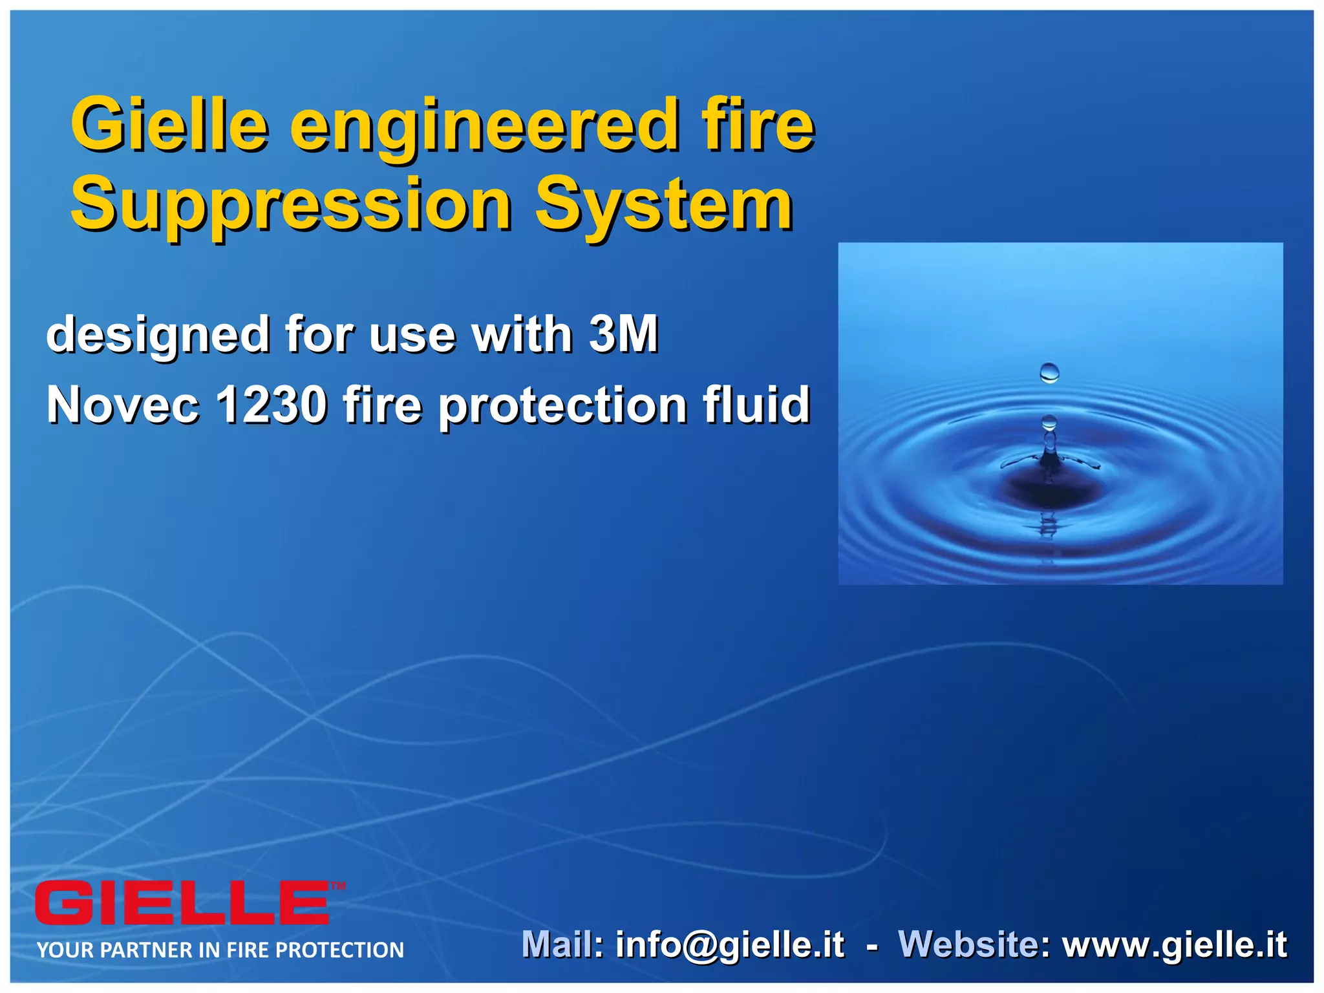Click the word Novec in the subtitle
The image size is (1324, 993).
[123, 405]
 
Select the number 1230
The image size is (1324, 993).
[272, 405]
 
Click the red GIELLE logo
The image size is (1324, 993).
[182, 902]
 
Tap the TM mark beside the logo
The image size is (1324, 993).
[338, 886]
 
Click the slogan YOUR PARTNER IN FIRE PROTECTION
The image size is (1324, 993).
[220, 950]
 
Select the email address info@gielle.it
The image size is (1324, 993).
[730, 945]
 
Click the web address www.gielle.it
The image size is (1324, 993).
[1175, 945]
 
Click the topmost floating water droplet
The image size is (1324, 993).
[1049, 372]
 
